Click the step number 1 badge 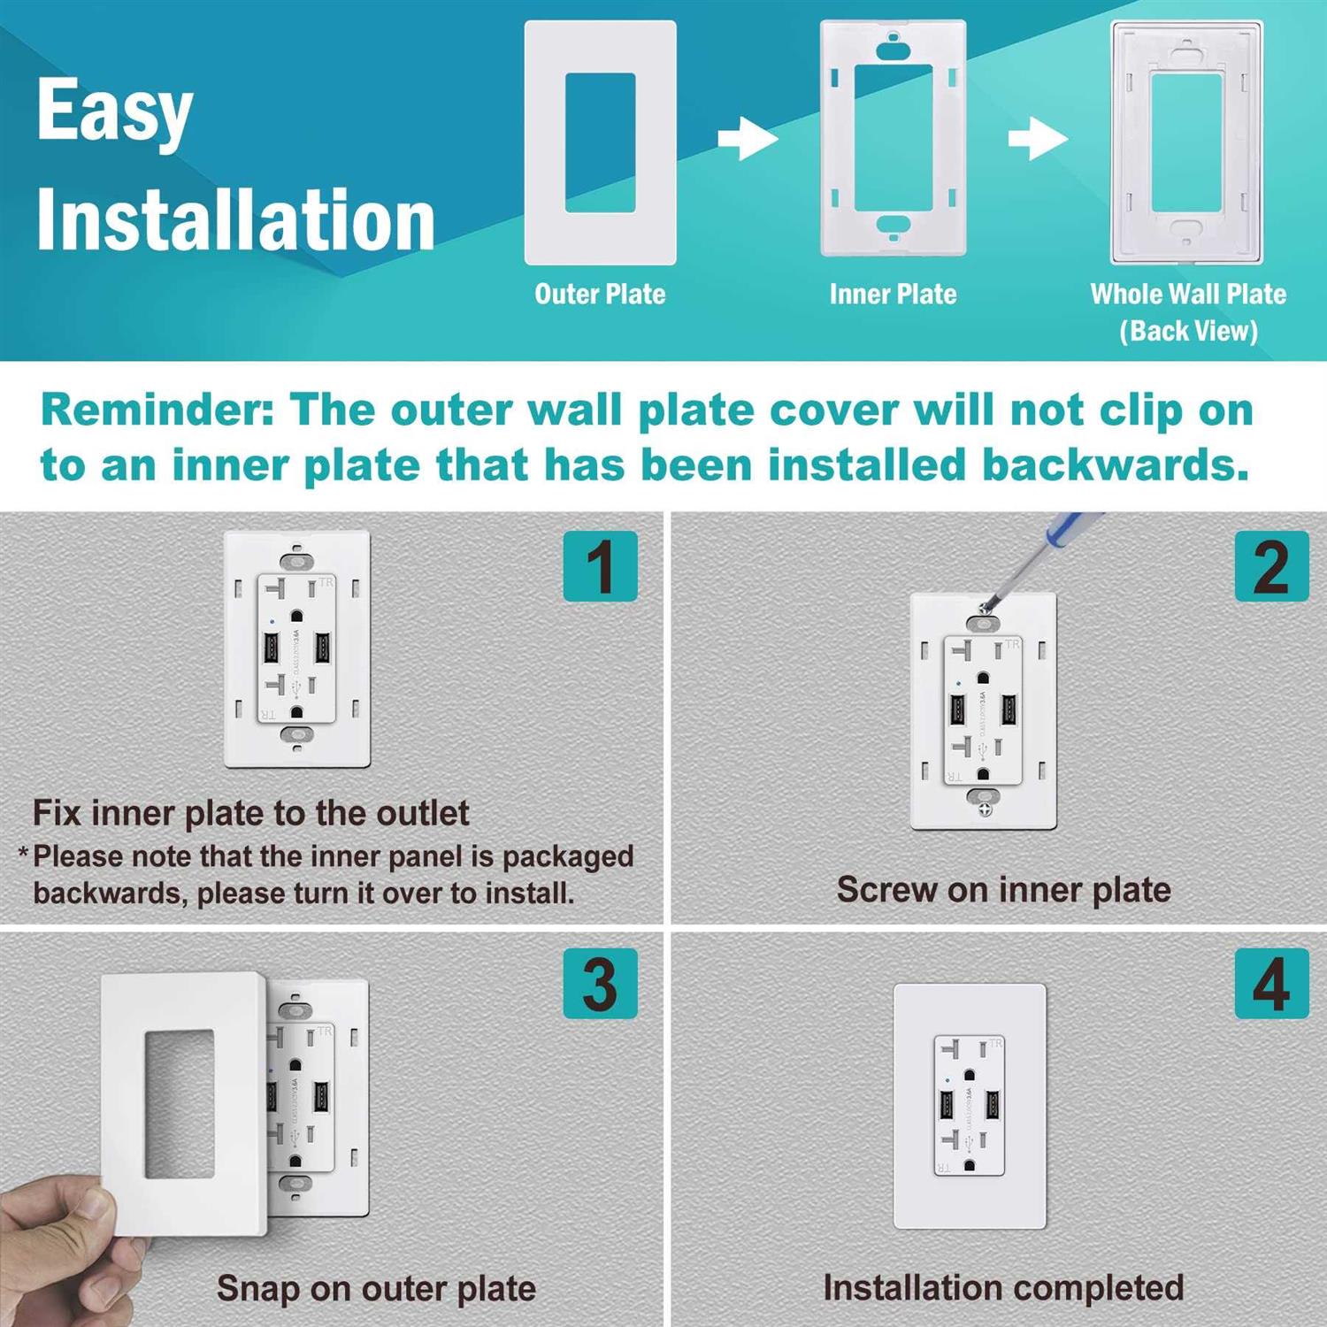pos(601,566)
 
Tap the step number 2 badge pos(1271,566)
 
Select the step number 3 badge pos(601,983)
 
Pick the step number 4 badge pos(1271,983)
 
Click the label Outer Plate pos(600,294)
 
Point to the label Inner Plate pos(893,294)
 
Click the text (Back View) pos(1188,331)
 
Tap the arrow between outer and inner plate pos(748,139)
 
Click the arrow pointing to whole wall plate pos(1038,139)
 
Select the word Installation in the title pos(235,219)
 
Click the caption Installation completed pos(1003,1287)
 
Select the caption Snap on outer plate pos(376,1289)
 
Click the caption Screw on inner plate pos(1003,890)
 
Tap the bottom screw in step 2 pos(986,809)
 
